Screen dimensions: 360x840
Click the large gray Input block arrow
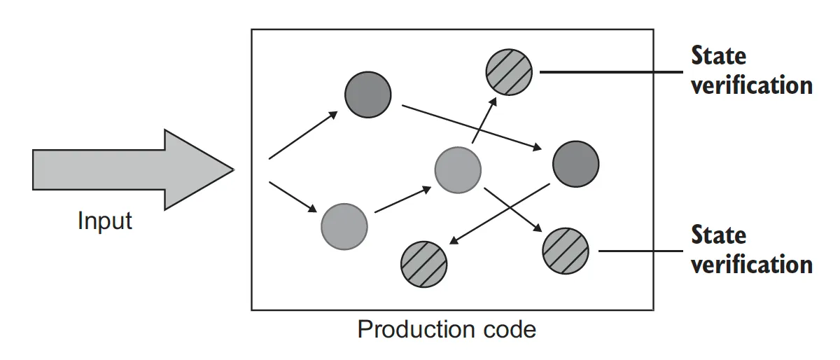[126, 169]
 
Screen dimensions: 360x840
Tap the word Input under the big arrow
[105, 221]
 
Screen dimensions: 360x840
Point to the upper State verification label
[750, 70]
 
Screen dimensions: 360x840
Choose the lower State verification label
[750, 249]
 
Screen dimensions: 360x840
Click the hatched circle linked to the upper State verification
[509, 71]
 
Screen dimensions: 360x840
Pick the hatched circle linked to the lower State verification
[566, 251]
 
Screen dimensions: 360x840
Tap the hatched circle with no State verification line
[423, 264]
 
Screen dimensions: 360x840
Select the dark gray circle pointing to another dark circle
[367, 95]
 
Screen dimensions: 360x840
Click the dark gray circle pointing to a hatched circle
[575, 165]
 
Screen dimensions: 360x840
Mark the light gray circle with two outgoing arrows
[458, 169]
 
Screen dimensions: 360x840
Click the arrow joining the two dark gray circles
[470, 127]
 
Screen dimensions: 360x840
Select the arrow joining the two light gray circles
[402, 200]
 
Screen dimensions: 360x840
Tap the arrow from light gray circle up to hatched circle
[484, 120]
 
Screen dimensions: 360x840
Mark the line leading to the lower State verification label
[640, 251]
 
